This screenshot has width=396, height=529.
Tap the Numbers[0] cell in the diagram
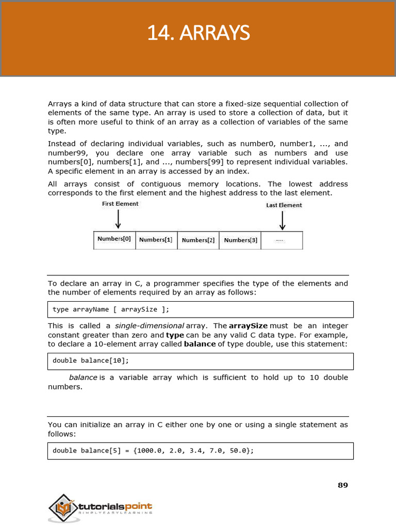click(114, 239)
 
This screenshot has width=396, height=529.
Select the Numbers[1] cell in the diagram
click(156, 240)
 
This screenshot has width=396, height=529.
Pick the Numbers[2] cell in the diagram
click(198, 240)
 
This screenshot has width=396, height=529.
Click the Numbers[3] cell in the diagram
click(240, 240)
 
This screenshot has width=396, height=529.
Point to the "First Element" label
click(120, 204)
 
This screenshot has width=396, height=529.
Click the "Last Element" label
click(284, 205)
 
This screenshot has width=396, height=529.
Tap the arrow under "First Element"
click(118, 219)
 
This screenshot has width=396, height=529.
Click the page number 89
click(342, 485)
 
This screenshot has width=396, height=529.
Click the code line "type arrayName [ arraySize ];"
click(111, 309)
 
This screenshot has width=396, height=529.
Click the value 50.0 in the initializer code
click(235, 450)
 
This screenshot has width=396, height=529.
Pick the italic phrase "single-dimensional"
click(150, 326)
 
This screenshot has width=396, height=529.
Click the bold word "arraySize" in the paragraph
click(248, 326)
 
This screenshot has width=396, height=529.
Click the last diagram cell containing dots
click(281, 240)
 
